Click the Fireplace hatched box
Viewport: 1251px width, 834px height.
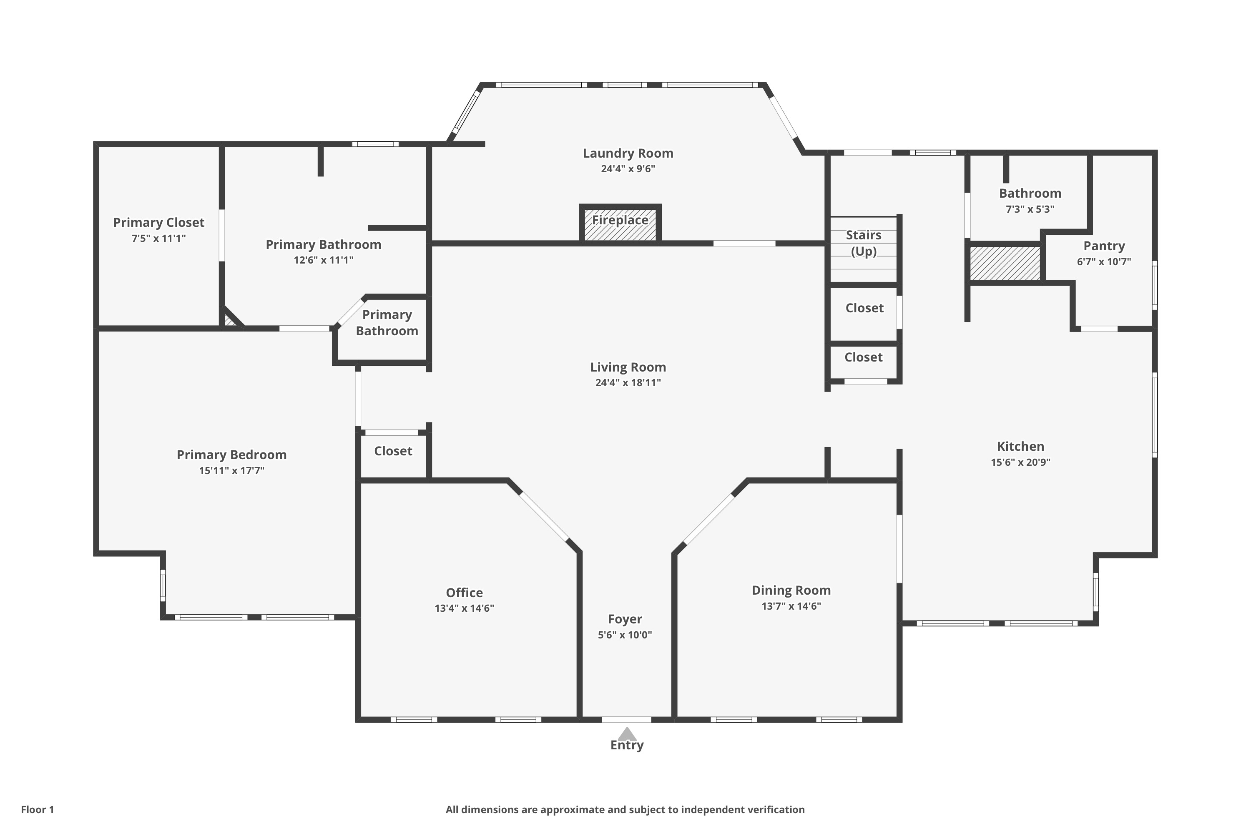coord(620,224)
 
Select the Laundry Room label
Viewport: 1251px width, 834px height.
coord(628,153)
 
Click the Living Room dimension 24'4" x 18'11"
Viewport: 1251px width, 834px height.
coord(628,382)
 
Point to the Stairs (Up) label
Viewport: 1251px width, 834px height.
coord(864,243)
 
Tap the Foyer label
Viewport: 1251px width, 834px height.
coord(625,619)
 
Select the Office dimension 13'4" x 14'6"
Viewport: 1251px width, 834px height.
coord(465,608)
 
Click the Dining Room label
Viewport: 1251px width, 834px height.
coord(791,590)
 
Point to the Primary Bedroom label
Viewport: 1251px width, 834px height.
coord(231,455)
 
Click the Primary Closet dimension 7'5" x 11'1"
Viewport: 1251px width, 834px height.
coord(158,238)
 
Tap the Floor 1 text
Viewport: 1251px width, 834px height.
coord(37,809)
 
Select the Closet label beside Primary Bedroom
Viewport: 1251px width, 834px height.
coord(393,451)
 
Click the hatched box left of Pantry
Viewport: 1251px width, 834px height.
coord(1005,263)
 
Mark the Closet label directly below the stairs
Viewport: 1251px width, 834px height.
coord(864,308)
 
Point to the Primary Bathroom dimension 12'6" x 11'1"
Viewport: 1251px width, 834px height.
coord(324,260)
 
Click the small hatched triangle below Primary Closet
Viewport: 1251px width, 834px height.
coord(230,321)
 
